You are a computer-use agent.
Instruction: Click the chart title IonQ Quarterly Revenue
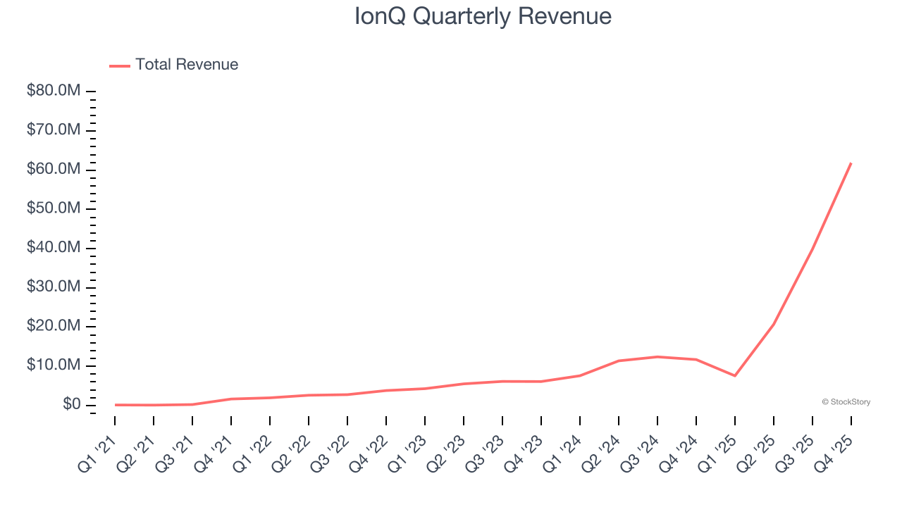pos(483,16)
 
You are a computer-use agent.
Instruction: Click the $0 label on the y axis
pos(71,404)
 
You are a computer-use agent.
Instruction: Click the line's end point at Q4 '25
pos(851,163)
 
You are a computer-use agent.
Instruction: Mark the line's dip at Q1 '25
pos(734,375)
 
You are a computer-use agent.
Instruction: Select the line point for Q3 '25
pos(812,249)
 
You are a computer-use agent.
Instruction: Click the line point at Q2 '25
pos(773,325)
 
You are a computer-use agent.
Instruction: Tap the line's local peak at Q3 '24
pos(657,356)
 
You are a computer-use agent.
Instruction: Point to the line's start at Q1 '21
pos(116,404)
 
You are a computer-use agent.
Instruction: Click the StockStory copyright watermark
pos(846,402)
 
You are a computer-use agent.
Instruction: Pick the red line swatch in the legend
pos(120,65)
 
